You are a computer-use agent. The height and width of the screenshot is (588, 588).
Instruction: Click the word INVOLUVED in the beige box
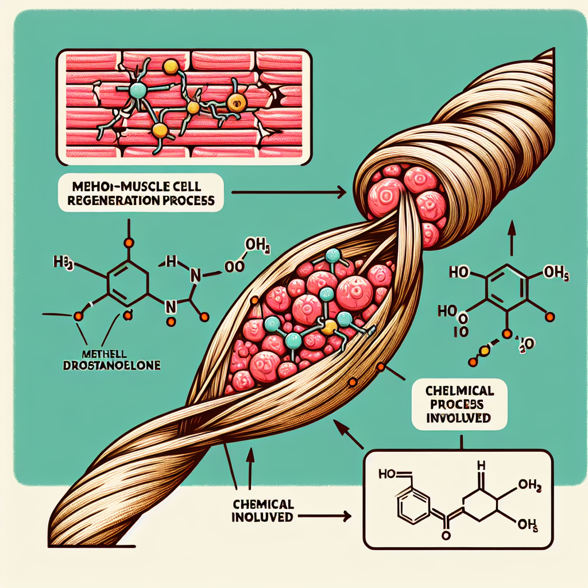459,417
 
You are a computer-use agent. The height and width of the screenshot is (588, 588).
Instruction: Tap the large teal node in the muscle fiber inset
138,90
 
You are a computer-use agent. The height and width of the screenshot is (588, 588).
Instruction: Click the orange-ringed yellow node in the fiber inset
235,103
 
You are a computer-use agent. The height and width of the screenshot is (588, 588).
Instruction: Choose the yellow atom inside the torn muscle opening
328,327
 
